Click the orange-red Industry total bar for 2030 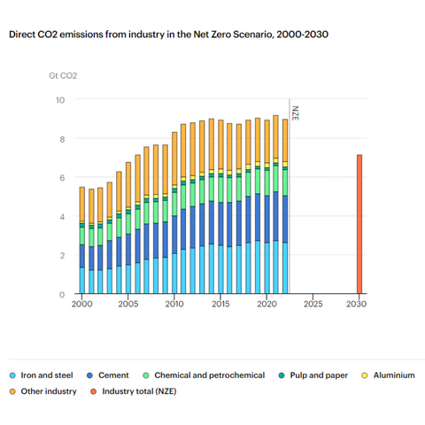(x=359, y=224)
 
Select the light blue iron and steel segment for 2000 (x=82, y=281)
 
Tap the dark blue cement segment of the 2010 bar (x=174, y=235)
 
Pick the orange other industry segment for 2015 (x=220, y=144)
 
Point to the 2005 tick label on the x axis (x=128, y=304)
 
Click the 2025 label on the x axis (x=313, y=304)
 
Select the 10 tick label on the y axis (x=60, y=100)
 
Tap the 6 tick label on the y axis (x=62, y=178)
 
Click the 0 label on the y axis (x=62, y=294)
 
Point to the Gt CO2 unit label (x=63, y=76)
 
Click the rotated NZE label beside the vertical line (x=296, y=113)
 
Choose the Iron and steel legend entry (x=41, y=375)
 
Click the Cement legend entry (x=108, y=375)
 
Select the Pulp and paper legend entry (x=313, y=375)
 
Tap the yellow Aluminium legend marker (x=365, y=375)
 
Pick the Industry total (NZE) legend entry (x=134, y=391)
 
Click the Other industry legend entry (x=42, y=391)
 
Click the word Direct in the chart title (x=21, y=35)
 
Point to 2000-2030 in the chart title (x=302, y=35)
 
